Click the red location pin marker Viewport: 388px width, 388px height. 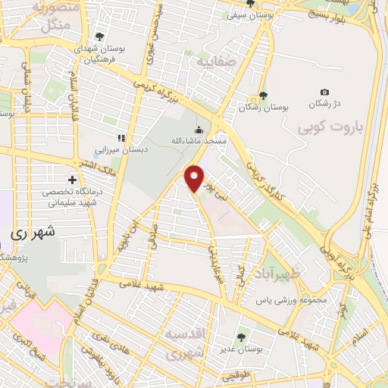pyautogui.click(x=196, y=178)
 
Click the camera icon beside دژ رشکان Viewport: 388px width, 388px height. pyautogui.click(x=325, y=92)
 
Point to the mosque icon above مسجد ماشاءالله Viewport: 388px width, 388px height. pyautogui.click(x=199, y=128)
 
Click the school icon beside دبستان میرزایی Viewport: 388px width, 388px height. pyautogui.click(x=120, y=137)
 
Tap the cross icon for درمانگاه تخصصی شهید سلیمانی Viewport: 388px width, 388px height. pyautogui.click(x=72, y=180)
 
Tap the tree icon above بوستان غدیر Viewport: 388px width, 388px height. pyautogui.click(x=242, y=336)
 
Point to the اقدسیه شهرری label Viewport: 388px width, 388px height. pyautogui.click(x=186, y=343)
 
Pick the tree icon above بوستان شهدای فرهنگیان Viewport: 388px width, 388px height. pyautogui.click(x=99, y=36)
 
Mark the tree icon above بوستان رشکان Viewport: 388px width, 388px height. pyautogui.click(x=263, y=95)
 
